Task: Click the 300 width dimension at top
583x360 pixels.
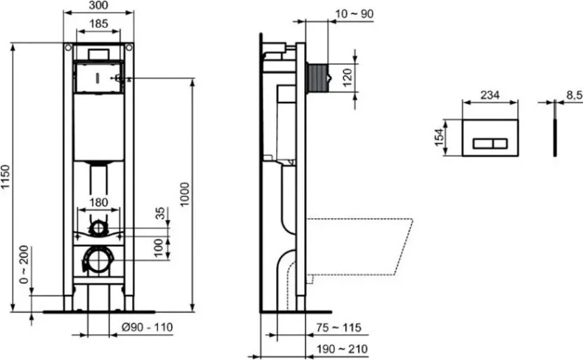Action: tap(98, 6)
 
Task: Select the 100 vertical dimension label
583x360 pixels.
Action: tap(158, 247)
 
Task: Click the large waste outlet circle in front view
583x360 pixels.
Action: tap(98, 259)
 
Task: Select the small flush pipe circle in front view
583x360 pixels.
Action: tap(98, 228)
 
